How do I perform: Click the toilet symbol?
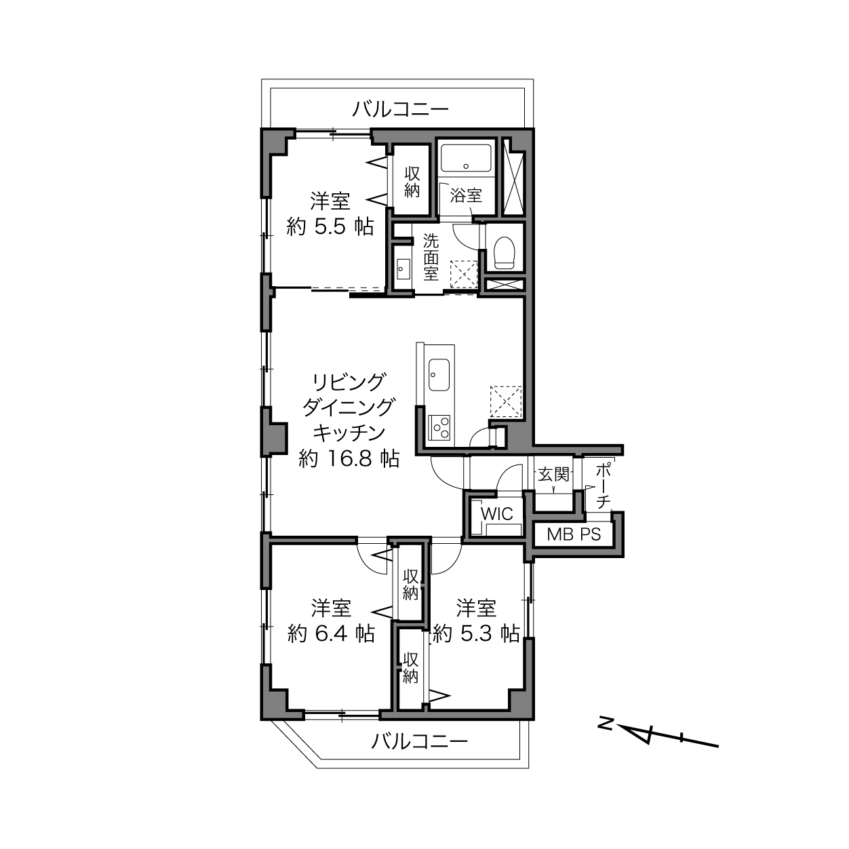[505, 254]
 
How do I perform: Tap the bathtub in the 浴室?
[466, 159]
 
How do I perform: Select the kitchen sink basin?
[439, 374]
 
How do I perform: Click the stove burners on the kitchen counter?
[439, 427]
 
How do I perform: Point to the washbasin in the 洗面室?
[403, 269]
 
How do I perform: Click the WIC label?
[496, 514]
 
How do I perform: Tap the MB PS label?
[574, 534]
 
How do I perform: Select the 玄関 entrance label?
[553, 475]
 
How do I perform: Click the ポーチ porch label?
[604, 486]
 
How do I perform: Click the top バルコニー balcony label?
[400, 108]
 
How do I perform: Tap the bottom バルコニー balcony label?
[419, 742]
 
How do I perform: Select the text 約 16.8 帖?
[349, 458]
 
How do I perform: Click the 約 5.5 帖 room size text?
[330, 227]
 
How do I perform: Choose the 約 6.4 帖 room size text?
[331, 634]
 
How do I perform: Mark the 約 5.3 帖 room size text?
[476, 634]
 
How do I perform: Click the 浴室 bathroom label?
[466, 195]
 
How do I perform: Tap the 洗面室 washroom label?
[431, 257]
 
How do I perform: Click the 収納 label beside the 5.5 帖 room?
[412, 182]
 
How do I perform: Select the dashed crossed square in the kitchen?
[506, 401]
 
